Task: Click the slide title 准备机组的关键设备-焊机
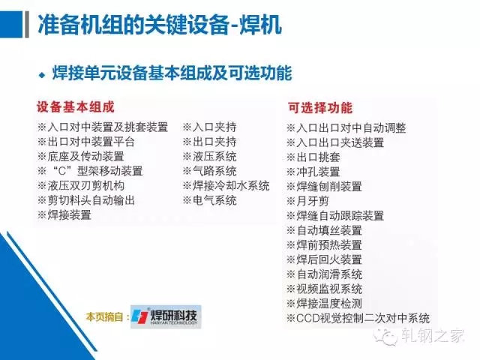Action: point(160,24)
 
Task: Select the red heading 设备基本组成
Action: point(75,107)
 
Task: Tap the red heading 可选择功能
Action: point(320,108)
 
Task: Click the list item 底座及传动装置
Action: point(81,157)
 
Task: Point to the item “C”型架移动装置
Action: point(90,171)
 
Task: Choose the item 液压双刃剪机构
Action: point(81,185)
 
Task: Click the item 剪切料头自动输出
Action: point(86,200)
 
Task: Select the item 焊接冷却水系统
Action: point(226,185)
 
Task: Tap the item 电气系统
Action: point(210,200)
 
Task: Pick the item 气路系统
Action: point(210,171)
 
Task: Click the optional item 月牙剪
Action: point(307,201)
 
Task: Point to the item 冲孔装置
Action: point(313,172)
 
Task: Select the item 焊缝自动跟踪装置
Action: point(335,216)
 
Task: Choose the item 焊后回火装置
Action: point(324,260)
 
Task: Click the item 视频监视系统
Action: point(324,289)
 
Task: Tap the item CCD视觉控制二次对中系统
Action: point(358,318)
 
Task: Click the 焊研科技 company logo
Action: point(166,316)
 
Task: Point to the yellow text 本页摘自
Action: point(105,316)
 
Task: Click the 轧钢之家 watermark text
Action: point(433,335)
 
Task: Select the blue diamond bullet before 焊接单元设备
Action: point(42,75)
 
